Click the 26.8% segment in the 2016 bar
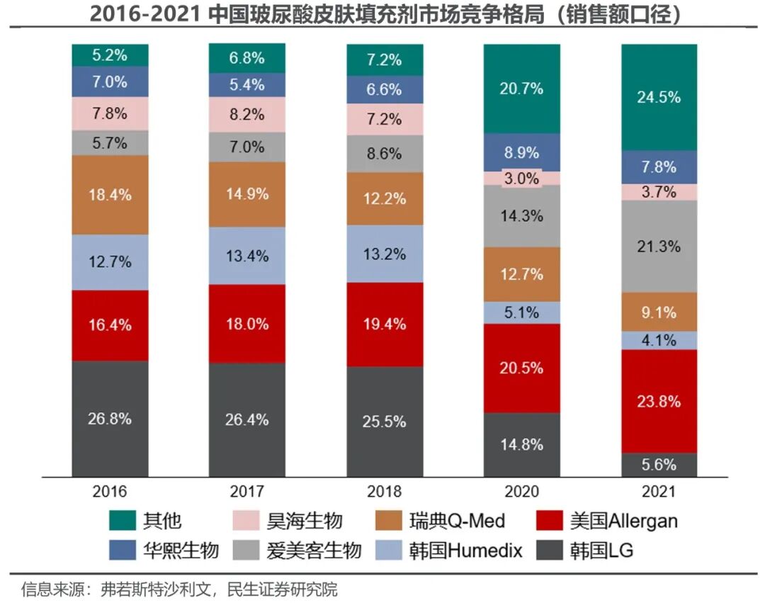tap(110, 419)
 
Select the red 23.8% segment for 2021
tap(659, 401)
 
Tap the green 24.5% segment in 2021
tap(659, 97)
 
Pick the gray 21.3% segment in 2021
tap(659, 246)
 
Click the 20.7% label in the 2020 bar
tap(521, 89)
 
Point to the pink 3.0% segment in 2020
tap(521, 178)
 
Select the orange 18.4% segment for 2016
tap(110, 195)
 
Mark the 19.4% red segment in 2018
tap(384, 324)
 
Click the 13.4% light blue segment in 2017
tap(246, 256)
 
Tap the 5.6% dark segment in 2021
tap(659, 465)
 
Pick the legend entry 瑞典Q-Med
tap(458, 522)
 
